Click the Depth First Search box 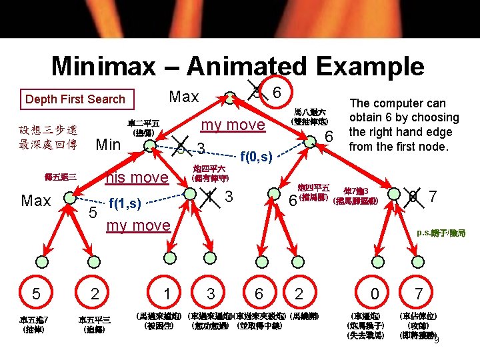(75, 99)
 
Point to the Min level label (109, 144)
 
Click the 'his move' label (138, 177)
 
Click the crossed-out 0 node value (414, 197)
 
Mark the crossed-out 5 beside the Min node (181, 147)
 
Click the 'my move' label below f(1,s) (139, 225)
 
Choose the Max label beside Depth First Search (184, 97)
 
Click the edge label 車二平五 (143, 123)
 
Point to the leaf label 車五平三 (94, 319)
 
